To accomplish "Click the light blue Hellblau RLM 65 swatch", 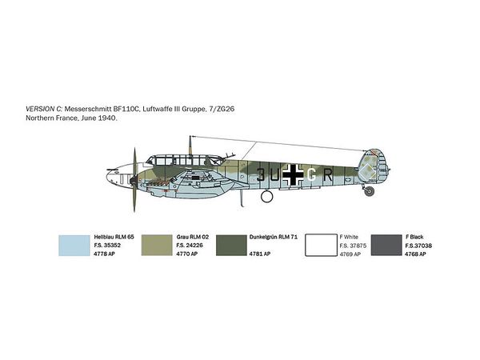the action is (74, 246).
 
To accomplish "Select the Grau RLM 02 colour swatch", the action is (157, 246).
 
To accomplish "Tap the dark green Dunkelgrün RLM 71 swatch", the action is (231, 246).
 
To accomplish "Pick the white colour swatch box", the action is (321, 246).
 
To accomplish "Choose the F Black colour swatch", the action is (386, 246).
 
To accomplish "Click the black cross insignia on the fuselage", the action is (294, 174).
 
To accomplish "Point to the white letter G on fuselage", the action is (311, 175).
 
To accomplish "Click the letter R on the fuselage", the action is (327, 175).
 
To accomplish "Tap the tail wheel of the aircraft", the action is (370, 192).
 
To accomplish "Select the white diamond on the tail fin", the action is (367, 172).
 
